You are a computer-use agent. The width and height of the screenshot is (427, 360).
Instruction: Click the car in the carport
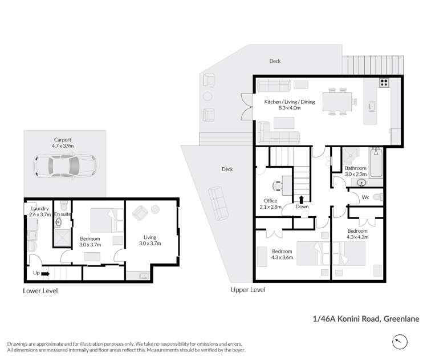coord(62,167)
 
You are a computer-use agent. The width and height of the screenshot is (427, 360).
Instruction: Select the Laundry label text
coord(38,209)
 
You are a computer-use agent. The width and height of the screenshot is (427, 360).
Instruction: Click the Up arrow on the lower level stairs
coord(45,273)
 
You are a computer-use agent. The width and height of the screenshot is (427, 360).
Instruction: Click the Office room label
coord(270,200)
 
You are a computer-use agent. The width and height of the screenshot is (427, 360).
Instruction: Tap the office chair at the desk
coord(278,185)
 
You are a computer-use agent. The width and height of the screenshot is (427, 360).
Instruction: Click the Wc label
coord(365,197)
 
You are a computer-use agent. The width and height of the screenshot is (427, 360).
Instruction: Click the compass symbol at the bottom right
coord(401,342)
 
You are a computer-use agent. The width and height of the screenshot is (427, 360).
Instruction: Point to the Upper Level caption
coord(248,290)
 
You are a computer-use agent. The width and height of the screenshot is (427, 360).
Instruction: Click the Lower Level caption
coord(40,290)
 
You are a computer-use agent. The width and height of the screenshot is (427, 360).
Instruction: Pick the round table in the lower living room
coord(154,209)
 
